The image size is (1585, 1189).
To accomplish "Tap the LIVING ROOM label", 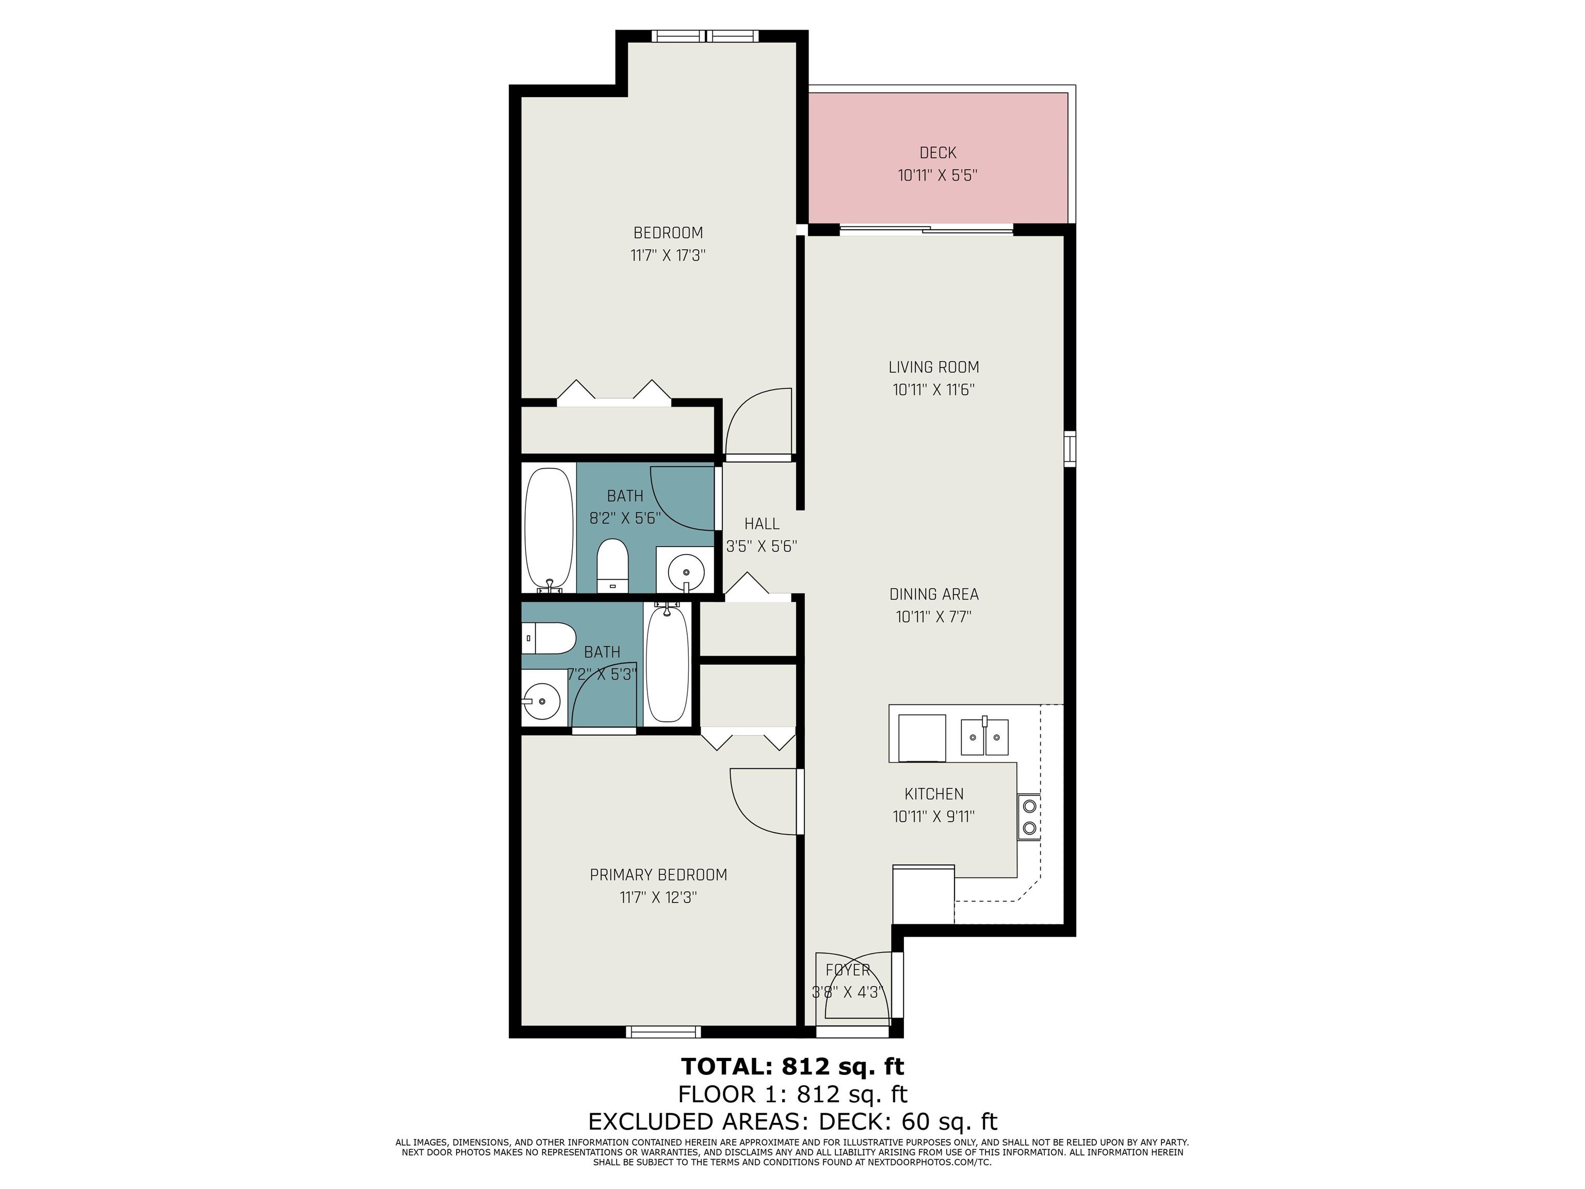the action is click(934, 367).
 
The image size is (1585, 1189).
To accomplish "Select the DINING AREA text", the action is click(934, 594).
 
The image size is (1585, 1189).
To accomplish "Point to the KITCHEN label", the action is click(934, 794).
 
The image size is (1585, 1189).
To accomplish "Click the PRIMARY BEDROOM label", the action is click(658, 875).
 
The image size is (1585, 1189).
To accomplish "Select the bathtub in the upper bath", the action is click(549, 529).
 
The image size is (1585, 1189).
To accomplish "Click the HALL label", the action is click(762, 524).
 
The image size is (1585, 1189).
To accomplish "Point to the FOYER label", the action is click(848, 970).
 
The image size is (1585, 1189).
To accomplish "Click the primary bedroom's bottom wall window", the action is click(663, 1032).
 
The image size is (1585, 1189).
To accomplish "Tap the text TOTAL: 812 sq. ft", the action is click(792, 1067).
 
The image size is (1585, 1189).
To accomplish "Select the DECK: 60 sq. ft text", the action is click(908, 1121).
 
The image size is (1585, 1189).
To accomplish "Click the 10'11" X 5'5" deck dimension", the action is click(937, 175).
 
